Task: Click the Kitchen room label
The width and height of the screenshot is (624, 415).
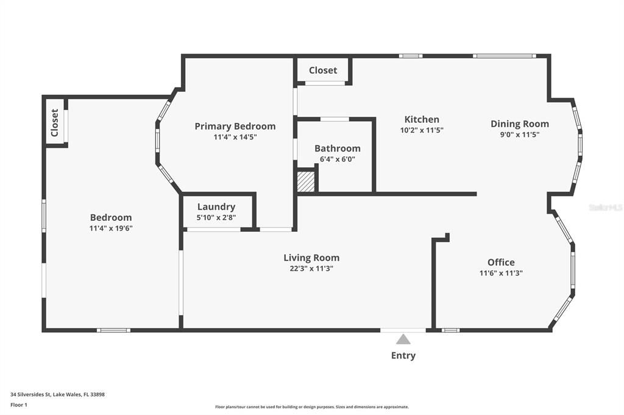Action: pos(422,119)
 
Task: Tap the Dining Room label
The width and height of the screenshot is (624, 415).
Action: pos(519,124)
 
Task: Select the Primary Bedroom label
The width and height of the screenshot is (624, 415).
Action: pos(235,127)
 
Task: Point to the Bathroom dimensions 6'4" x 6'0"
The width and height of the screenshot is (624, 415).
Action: pos(337,159)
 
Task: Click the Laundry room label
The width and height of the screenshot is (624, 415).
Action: pos(216,207)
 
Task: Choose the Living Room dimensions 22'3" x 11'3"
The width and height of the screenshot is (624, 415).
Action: pos(311,268)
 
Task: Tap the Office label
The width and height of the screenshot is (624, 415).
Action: pos(501,262)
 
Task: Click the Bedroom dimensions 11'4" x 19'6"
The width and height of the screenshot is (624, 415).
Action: pos(111,228)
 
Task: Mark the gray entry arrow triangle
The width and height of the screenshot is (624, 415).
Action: pos(403,340)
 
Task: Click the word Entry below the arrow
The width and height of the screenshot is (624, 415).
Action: pos(403,356)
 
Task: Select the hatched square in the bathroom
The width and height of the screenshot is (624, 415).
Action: pos(306,182)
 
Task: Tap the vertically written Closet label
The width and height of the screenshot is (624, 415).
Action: pos(54,122)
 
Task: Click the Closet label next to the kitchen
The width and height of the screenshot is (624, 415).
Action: pos(322,71)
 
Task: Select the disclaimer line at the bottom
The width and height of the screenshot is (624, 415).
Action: pos(311,407)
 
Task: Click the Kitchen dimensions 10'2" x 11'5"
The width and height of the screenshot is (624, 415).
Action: pos(422,130)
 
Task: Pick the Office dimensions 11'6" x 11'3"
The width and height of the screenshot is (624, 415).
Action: pos(501,273)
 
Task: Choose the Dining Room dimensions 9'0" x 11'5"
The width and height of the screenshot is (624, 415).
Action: pos(519,134)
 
